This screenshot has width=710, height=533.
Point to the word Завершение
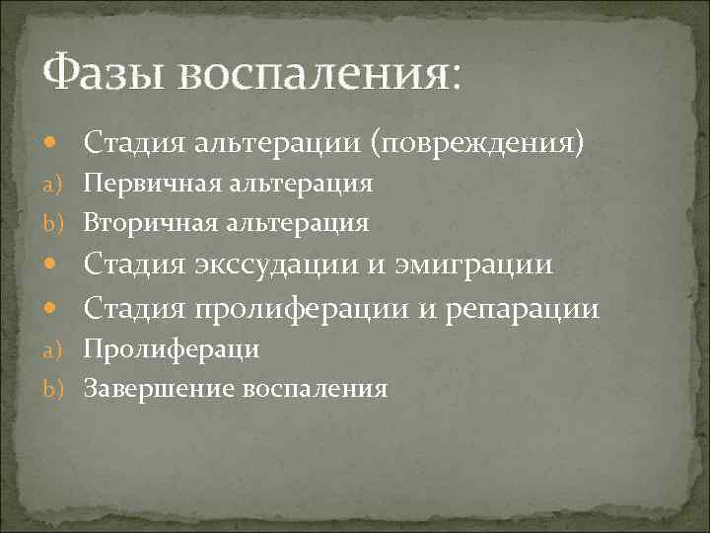[149, 388]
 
